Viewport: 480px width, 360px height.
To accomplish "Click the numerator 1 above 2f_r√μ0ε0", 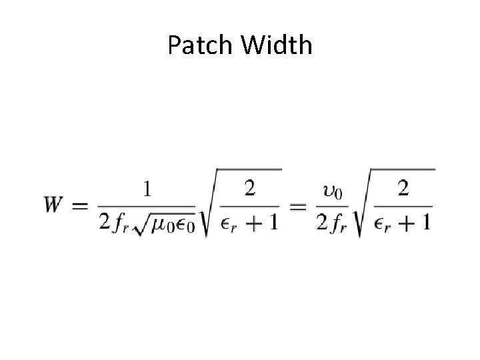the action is [x=147, y=190].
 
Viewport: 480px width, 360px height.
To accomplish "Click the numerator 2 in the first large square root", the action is [x=249, y=190].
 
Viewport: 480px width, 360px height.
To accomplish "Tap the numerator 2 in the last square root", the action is [x=403, y=190].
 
